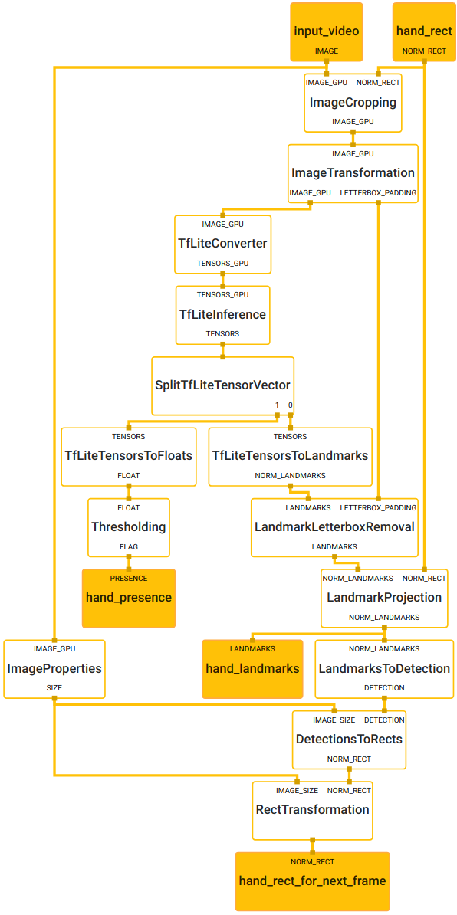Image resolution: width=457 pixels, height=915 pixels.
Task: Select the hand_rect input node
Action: pos(424,31)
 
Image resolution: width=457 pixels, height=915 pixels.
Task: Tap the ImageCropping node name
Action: pos(353,103)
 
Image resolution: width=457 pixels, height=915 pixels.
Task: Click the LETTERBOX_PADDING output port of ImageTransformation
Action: pos(378,192)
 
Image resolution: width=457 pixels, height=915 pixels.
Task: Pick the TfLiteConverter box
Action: pos(223,244)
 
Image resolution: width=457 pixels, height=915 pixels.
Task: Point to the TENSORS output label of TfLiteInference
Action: pos(222,334)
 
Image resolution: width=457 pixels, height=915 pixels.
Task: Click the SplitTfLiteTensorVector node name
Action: pos(222,385)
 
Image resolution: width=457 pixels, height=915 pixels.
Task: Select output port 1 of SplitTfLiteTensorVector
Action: pos(277,405)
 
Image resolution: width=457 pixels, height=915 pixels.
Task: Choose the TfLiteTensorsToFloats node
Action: pos(128,456)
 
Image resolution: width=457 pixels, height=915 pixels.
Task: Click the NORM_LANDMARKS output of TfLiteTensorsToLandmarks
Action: pos(290,476)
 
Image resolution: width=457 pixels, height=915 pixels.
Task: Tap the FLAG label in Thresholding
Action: pos(128,546)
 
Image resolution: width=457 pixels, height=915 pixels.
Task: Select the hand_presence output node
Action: pos(128,599)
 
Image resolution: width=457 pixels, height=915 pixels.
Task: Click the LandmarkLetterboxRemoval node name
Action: pos(334,527)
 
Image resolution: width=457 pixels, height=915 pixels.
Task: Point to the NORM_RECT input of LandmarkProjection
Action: pos(424,579)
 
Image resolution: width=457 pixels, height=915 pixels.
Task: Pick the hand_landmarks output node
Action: pos(253,669)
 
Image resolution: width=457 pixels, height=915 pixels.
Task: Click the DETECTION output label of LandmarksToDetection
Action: pos(384,688)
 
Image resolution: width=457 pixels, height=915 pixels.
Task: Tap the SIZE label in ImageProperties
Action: pos(54,688)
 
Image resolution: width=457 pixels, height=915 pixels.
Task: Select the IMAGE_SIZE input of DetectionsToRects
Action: pos(334,720)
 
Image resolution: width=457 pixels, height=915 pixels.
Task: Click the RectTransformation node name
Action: pos(312,810)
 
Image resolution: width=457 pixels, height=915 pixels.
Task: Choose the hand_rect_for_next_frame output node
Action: pos(312,881)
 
